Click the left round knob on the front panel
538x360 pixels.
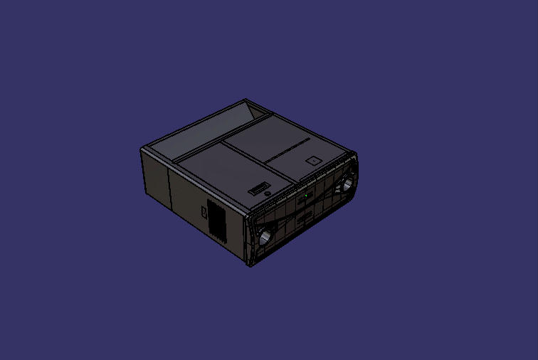[x=266, y=236]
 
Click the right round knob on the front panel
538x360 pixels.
[x=348, y=184]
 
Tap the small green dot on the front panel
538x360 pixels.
[x=306, y=194]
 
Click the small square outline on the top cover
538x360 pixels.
[x=312, y=161]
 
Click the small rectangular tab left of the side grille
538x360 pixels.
[x=204, y=211]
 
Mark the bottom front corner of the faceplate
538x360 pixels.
[x=251, y=266]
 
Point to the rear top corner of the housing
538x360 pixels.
[x=246, y=100]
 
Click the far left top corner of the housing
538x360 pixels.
[x=142, y=149]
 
